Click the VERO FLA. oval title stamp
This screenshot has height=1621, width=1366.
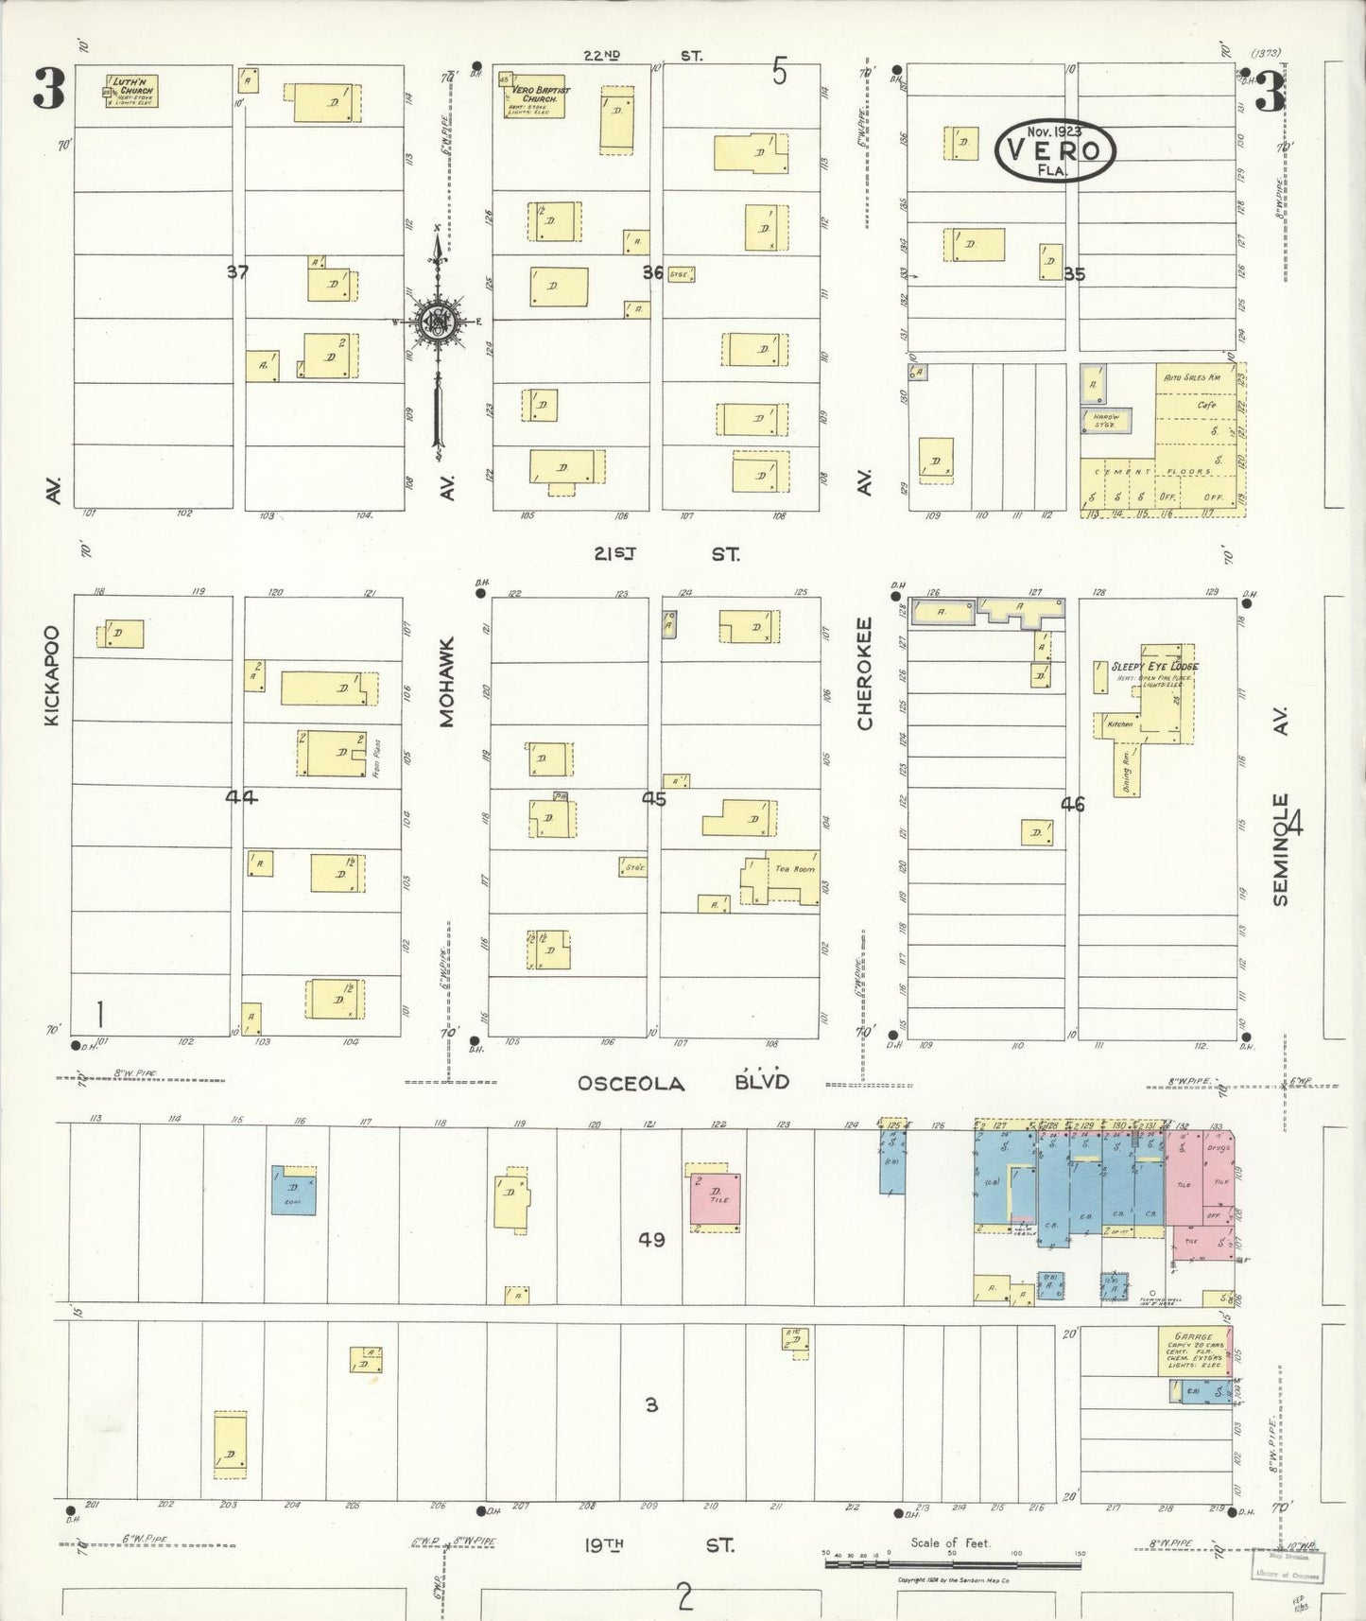pyautogui.click(x=1055, y=150)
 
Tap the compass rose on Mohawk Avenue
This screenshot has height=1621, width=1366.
pyautogui.click(x=439, y=322)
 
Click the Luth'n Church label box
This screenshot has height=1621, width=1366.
pyautogui.click(x=131, y=92)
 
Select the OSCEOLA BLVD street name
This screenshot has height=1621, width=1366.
pyautogui.click(x=683, y=1083)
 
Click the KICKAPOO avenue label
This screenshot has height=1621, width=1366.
pyautogui.click(x=52, y=675)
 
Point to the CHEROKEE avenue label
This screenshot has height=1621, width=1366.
pyautogui.click(x=865, y=673)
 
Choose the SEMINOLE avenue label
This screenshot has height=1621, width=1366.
pyautogui.click(x=1281, y=849)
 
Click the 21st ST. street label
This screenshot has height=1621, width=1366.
pyautogui.click(x=666, y=555)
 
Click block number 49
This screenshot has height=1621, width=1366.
pyautogui.click(x=651, y=1239)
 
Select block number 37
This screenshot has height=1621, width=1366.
pyautogui.click(x=237, y=272)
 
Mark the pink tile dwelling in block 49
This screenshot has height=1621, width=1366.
pyautogui.click(x=716, y=1198)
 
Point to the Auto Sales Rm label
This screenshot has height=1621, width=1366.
pyautogui.click(x=1193, y=378)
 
